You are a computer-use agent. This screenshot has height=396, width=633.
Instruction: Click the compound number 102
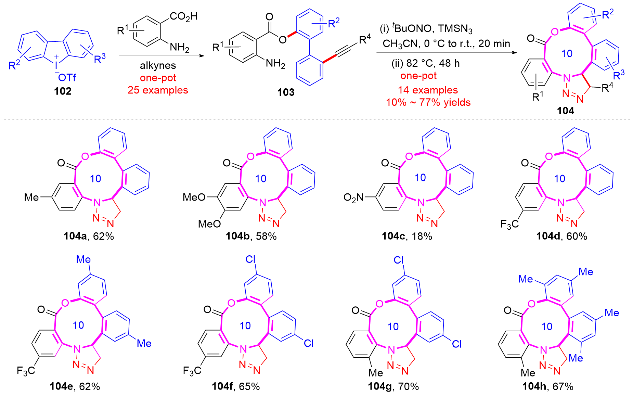click(x=63, y=91)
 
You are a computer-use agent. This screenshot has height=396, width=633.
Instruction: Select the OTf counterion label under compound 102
click(x=67, y=78)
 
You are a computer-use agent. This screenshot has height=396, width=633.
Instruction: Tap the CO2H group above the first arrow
click(x=184, y=16)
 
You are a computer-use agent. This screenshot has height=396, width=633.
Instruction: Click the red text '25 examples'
click(x=158, y=90)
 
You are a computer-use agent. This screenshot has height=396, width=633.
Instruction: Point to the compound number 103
click(x=286, y=92)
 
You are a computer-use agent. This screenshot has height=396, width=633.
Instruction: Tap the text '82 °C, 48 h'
click(x=432, y=63)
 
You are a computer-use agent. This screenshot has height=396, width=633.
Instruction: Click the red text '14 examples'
click(x=428, y=90)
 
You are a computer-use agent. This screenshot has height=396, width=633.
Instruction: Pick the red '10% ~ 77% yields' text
click(x=428, y=102)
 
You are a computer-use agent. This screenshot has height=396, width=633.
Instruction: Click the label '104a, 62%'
click(x=89, y=236)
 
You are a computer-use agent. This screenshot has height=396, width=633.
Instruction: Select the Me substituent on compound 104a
click(x=31, y=197)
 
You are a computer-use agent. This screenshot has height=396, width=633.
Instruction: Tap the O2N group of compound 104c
click(x=353, y=197)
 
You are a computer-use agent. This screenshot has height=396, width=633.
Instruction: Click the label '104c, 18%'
click(x=407, y=236)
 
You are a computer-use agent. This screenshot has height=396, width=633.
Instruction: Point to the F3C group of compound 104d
click(x=509, y=224)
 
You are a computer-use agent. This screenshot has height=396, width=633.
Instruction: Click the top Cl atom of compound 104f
click(x=250, y=260)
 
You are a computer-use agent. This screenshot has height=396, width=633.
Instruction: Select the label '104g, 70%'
click(x=393, y=386)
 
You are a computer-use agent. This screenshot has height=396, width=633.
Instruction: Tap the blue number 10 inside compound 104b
click(x=261, y=178)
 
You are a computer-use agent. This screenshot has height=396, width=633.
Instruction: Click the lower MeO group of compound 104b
click(x=209, y=224)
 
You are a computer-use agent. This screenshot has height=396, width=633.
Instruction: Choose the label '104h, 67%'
click(x=547, y=386)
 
